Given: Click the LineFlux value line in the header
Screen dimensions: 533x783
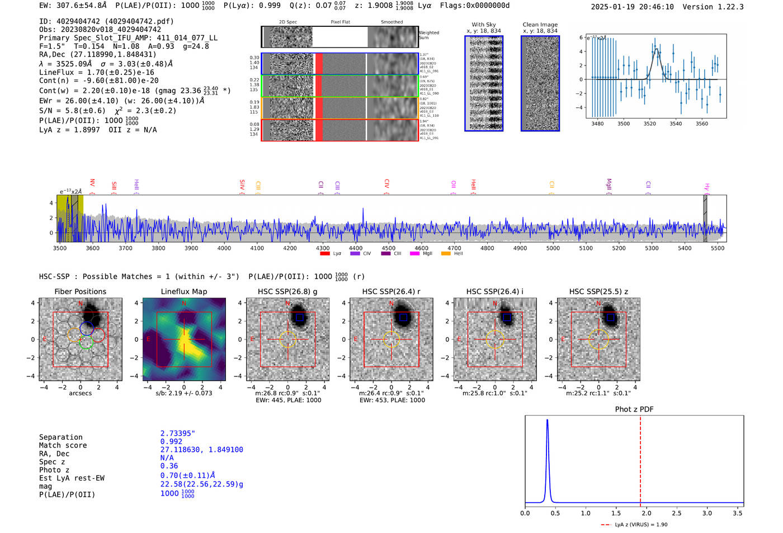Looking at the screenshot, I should click(97, 73).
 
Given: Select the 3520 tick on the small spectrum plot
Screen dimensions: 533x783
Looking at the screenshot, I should click(650, 124).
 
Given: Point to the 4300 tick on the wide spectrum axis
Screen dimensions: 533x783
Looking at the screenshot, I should click(323, 248).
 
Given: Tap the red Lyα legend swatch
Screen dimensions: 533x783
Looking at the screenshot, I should click(325, 254).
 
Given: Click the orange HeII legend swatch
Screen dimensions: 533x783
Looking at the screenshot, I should click(446, 254).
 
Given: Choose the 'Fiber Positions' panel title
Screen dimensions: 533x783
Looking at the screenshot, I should click(80, 291).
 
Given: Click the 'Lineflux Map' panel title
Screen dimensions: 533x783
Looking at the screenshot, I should click(184, 291).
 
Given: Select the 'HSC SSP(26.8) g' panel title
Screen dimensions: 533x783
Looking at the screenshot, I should click(287, 291).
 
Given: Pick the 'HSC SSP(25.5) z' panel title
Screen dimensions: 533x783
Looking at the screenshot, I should click(598, 291).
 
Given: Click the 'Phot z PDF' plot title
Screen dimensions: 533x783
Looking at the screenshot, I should click(634, 409).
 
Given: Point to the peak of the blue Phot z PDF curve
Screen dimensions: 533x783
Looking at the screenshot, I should click(547, 420).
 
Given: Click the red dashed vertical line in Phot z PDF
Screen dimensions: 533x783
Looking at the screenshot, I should click(640, 459).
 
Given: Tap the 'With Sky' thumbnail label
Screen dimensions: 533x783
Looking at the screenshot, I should click(484, 25).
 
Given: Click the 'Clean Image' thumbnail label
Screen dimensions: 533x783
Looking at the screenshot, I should click(540, 25).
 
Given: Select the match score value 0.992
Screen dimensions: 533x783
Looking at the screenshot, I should click(171, 442).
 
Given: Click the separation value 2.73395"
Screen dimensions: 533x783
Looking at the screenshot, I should click(178, 433).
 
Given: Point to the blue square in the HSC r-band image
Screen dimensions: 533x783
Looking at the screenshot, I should click(403, 318).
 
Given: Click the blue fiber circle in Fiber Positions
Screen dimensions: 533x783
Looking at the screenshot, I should click(86, 328).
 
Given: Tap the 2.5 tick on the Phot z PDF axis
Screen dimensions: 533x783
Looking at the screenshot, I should click(677, 513).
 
